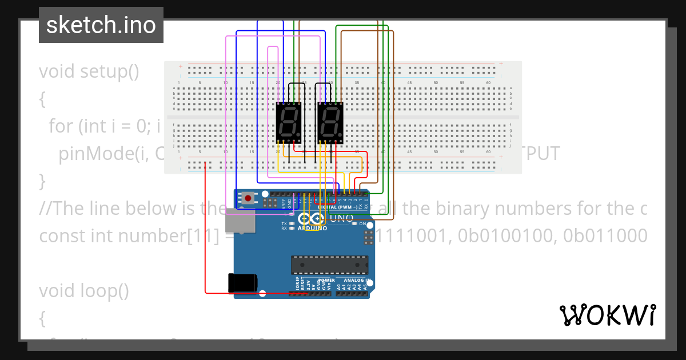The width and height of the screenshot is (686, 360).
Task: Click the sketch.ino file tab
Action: (101, 25)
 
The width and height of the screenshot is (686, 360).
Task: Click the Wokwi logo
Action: (607, 315)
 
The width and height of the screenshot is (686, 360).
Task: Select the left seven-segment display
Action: (288, 122)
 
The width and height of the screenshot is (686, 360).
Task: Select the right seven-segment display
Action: (330, 122)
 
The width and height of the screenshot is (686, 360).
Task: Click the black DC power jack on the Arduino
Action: (242, 283)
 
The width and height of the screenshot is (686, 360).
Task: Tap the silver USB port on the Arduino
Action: (240, 220)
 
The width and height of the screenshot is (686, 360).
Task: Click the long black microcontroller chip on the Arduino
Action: (329, 265)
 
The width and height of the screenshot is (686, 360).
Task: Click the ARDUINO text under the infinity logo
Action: (312, 229)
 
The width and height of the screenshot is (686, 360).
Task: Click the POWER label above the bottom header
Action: (326, 281)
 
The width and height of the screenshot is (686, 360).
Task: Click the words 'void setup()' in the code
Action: (89, 72)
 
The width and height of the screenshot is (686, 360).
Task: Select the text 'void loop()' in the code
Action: (83, 291)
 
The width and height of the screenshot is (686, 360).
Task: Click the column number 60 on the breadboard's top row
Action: (488, 83)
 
